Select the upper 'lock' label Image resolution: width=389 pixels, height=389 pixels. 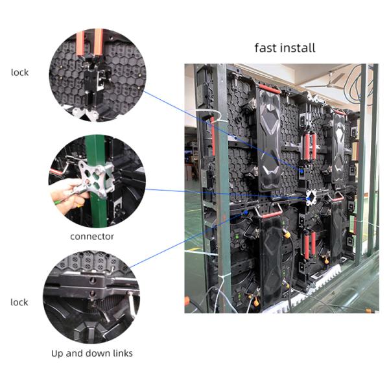(20, 73)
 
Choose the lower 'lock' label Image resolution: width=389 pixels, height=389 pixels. (20, 303)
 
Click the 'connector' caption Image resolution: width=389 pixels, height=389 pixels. (92, 237)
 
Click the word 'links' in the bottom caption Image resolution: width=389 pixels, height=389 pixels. (121, 353)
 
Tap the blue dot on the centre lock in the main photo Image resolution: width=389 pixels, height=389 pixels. (301, 170)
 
